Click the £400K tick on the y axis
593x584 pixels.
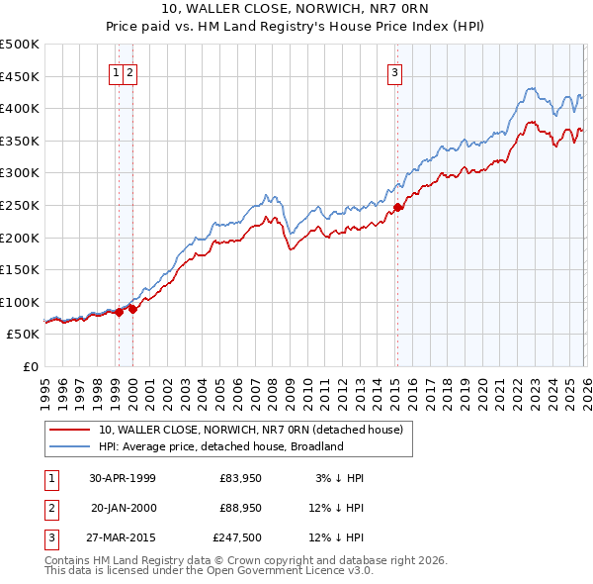[21, 108]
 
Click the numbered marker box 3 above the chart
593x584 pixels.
[394, 71]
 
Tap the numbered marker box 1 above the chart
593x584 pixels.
[117, 71]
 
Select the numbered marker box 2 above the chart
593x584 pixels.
[130, 71]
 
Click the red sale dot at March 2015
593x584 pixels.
[397, 207]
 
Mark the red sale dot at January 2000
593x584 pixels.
[131, 309]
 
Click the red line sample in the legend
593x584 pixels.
[70, 431]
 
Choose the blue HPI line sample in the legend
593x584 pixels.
[70, 446]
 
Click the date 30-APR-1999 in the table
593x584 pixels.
[123, 478]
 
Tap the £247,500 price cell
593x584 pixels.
[236, 538]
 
